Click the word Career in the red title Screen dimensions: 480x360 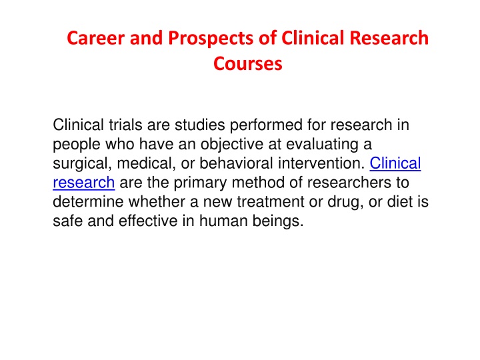[x=96, y=38]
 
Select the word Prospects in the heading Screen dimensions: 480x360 [x=211, y=39]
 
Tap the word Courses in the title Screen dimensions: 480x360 [x=247, y=64]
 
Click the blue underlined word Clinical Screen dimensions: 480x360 [x=395, y=163]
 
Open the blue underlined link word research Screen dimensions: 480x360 [x=84, y=183]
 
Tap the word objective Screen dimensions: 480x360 [x=232, y=145]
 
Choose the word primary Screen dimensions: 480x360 [x=200, y=183]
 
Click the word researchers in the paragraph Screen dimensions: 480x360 [x=349, y=183]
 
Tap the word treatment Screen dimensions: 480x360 [x=270, y=202]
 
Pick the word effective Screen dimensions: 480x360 [x=148, y=221]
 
